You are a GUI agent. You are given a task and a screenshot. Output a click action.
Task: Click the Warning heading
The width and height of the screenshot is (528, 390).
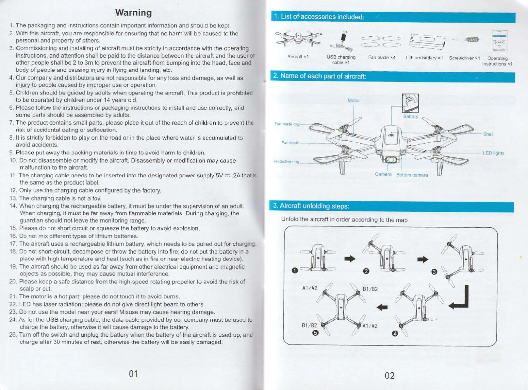click(133, 13)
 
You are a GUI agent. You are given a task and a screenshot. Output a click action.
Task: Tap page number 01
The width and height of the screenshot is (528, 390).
click(133, 374)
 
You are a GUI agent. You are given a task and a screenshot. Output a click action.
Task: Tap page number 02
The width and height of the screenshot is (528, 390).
click(389, 375)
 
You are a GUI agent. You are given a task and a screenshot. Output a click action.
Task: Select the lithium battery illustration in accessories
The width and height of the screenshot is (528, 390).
click(427, 42)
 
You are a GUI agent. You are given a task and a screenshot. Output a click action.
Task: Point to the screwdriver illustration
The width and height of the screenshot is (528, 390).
click(466, 40)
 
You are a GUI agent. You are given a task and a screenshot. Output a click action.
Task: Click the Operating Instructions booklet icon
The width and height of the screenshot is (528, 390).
click(499, 41)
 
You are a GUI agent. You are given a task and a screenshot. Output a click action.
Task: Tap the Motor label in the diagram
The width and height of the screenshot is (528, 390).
click(354, 100)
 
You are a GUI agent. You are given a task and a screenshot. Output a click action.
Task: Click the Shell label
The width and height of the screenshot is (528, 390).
click(488, 134)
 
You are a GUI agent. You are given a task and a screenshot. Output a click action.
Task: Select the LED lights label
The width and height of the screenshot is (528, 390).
click(493, 153)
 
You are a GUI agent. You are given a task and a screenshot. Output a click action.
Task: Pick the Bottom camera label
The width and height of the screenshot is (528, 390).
click(412, 175)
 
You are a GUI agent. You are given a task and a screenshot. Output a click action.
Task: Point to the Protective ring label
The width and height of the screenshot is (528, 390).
click(286, 161)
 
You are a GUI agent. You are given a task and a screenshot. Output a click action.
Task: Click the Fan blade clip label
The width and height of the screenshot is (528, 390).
click(287, 124)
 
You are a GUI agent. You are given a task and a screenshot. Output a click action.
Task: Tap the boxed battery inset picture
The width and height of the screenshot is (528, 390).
click(410, 103)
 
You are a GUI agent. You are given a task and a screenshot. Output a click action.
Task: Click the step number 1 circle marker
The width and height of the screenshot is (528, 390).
click(295, 270)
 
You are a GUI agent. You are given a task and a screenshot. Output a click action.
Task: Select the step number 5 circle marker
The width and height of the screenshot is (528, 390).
click(315, 333)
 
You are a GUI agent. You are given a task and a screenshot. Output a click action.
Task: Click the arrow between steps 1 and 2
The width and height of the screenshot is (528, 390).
click(350, 259)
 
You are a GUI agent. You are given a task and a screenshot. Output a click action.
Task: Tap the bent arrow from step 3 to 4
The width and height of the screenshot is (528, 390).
click(460, 298)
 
